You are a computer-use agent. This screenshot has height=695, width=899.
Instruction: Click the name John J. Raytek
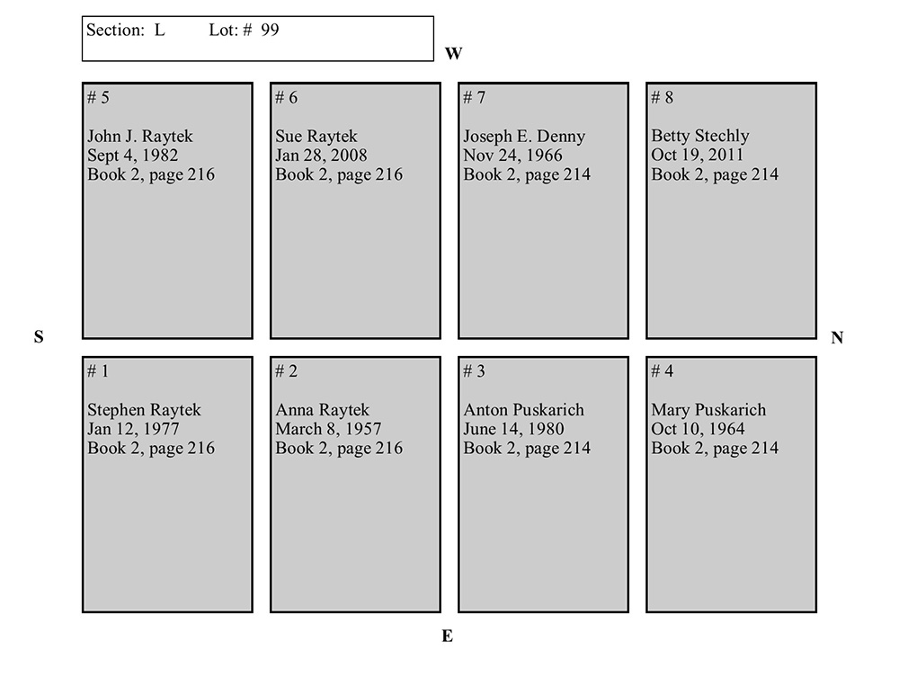pyautogui.click(x=139, y=137)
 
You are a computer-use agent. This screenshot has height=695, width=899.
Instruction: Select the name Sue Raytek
pyautogui.click(x=316, y=137)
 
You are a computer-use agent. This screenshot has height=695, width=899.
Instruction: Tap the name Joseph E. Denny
pyautogui.click(x=524, y=137)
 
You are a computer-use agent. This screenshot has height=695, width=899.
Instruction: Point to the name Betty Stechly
pyautogui.click(x=699, y=137)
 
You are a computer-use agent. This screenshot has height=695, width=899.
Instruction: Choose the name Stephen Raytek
pyautogui.click(x=144, y=410)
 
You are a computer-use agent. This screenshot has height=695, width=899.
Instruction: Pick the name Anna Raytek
pyautogui.click(x=322, y=410)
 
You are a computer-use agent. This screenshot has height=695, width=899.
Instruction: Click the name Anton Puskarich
pyautogui.click(x=523, y=410)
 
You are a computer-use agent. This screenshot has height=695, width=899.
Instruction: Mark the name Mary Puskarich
pyautogui.click(x=708, y=410)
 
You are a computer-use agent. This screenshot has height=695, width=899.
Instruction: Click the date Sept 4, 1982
pyautogui.click(x=132, y=156)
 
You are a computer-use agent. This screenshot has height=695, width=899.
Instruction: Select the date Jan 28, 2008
pyautogui.click(x=321, y=156)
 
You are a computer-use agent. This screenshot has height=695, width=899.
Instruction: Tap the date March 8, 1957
pyautogui.click(x=328, y=429)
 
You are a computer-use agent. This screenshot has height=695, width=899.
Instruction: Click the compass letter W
pyautogui.click(x=453, y=54)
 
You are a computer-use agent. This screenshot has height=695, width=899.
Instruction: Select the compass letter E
pyautogui.click(x=447, y=637)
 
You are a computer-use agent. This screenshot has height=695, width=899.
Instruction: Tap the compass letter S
pyautogui.click(x=39, y=337)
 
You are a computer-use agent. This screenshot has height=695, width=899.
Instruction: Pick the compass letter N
pyautogui.click(x=837, y=338)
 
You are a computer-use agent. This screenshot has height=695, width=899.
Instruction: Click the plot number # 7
pyautogui.click(x=474, y=97)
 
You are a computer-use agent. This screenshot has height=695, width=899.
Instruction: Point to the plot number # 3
pyautogui.click(x=474, y=371)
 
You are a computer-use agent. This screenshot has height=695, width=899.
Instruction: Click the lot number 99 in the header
pyautogui.click(x=270, y=30)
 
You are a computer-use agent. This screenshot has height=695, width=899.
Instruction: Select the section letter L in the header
pyautogui.click(x=159, y=30)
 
